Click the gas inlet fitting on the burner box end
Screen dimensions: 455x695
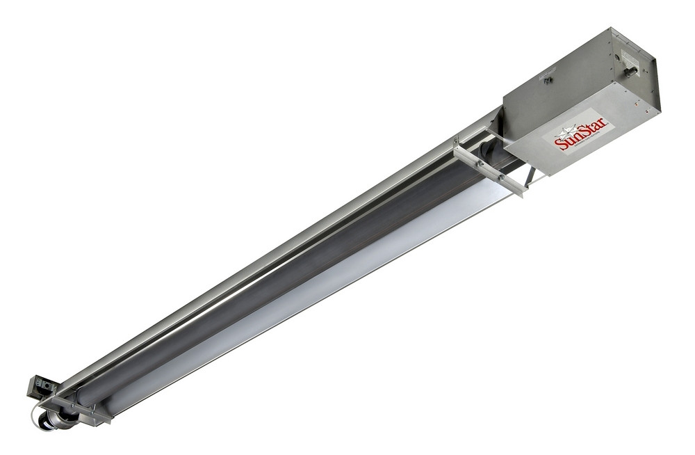coord(631,70)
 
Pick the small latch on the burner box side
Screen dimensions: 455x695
coord(548,81)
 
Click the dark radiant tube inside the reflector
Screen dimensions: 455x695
coord(278,278)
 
